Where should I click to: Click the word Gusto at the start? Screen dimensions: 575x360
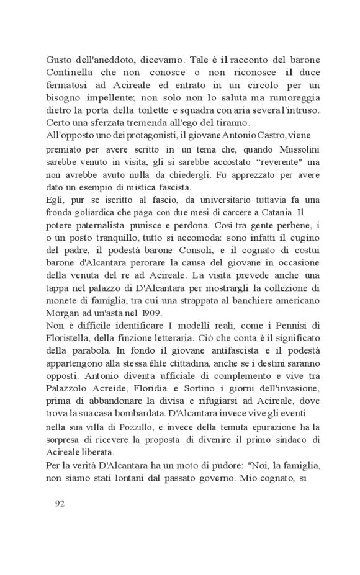pos(59,60)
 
